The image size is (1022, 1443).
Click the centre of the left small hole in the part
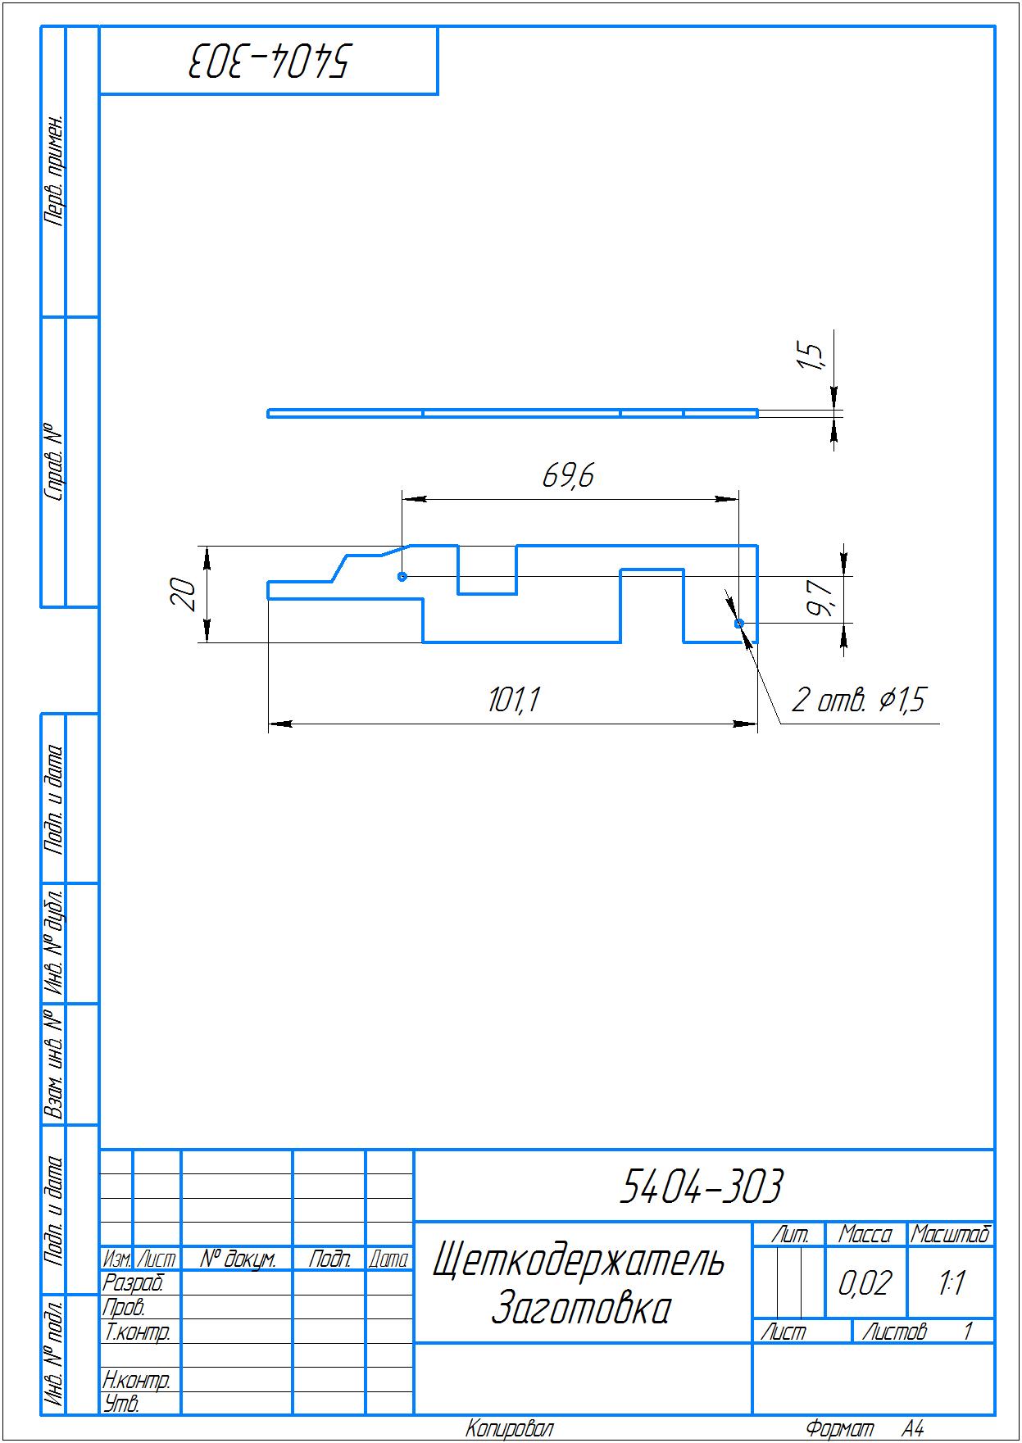coord(402,576)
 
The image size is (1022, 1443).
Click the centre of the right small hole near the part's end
coord(738,624)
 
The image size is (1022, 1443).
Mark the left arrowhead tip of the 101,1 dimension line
coord(269,724)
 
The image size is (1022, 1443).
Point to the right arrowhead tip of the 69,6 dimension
coord(738,497)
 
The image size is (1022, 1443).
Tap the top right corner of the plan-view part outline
coord(757,545)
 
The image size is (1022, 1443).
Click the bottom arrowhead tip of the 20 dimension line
coord(207,642)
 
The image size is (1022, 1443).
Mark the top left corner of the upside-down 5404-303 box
coord(99,26)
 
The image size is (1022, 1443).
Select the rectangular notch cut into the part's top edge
coord(487,569)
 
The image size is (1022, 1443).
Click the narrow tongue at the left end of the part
coord(300,590)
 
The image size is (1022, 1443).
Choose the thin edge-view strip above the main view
coord(512,413)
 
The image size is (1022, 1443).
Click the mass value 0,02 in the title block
coord(865,1283)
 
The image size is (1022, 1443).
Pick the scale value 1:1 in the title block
coord(951,1283)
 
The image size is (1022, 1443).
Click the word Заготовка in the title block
coord(581,1309)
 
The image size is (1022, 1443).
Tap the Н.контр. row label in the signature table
coord(137,1380)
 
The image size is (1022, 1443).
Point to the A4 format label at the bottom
coord(913,1429)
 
